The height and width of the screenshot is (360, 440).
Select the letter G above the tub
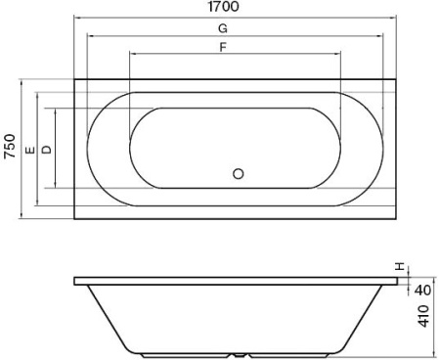(224, 29)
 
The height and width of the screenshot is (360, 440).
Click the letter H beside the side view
(398, 267)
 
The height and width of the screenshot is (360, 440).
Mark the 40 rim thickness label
(423, 290)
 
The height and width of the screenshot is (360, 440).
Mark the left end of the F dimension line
(129, 57)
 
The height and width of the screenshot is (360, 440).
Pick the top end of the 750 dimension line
(22, 79)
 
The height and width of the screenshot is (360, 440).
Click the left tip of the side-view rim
(75, 281)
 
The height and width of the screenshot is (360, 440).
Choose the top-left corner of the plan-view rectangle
(74, 79)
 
